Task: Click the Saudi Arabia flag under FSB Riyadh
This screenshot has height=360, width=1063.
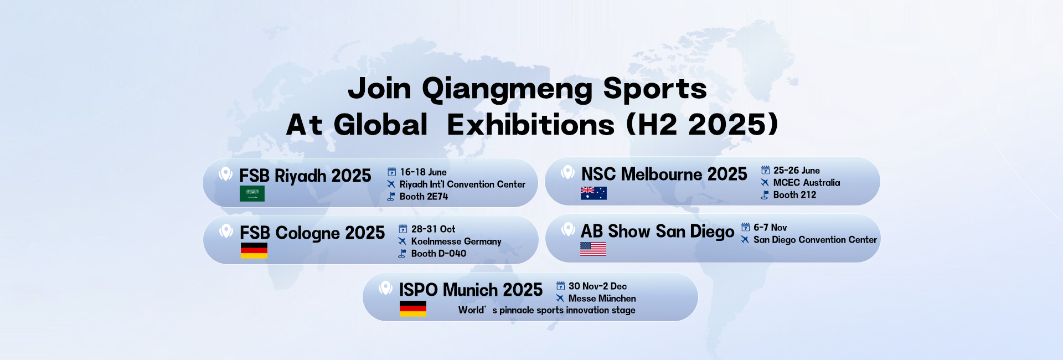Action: [x=252, y=193]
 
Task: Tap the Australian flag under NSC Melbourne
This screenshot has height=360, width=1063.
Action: [x=594, y=193]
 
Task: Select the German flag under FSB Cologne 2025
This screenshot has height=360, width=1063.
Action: [x=254, y=250]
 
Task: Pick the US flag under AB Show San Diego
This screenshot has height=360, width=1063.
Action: [x=593, y=249]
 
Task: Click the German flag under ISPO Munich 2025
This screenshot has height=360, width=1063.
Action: [x=413, y=308]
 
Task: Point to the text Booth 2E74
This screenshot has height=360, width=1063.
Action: [x=424, y=197]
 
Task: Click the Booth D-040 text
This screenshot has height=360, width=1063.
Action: [x=438, y=254]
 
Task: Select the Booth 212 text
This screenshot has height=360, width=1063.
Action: [x=794, y=195]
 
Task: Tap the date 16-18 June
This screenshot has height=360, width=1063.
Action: [x=423, y=172]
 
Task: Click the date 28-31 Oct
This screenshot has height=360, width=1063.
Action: [x=433, y=229]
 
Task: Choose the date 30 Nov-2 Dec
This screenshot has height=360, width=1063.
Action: [x=597, y=286]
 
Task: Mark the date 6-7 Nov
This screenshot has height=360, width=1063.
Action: [x=770, y=228]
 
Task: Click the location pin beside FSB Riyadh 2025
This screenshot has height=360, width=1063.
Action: [x=225, y=174]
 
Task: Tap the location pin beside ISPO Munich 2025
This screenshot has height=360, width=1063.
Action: [x=385, y=288]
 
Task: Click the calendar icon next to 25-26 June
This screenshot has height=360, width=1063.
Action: [x=765, y=170]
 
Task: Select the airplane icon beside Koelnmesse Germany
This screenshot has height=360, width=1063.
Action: [x=403, y=241]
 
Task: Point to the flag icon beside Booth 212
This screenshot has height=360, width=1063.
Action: [x=765, y=195]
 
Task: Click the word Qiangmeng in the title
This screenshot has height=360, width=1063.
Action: [x=507, y=89]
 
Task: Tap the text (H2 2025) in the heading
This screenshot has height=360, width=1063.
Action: [x=702, y=125]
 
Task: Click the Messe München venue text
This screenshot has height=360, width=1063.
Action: [x=602, y=299]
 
